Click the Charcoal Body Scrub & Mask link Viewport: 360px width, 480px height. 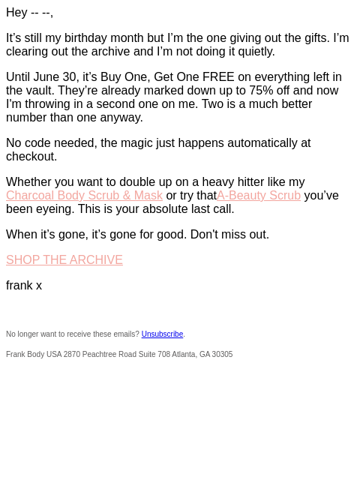click(84, 195)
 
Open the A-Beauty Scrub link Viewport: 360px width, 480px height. click(259, 195)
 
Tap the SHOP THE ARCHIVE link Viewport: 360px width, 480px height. click(64, 260)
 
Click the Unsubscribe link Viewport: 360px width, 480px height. click(162, 334)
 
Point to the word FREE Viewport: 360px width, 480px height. click(218, 76)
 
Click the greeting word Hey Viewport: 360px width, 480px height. click(16, 13)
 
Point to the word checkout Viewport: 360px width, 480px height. click(31, 157)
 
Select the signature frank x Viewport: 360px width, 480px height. click(24, 285)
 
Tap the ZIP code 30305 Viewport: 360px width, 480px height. click(222, 354)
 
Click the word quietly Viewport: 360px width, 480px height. click(256, 52)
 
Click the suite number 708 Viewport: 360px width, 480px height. click(163, 354)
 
